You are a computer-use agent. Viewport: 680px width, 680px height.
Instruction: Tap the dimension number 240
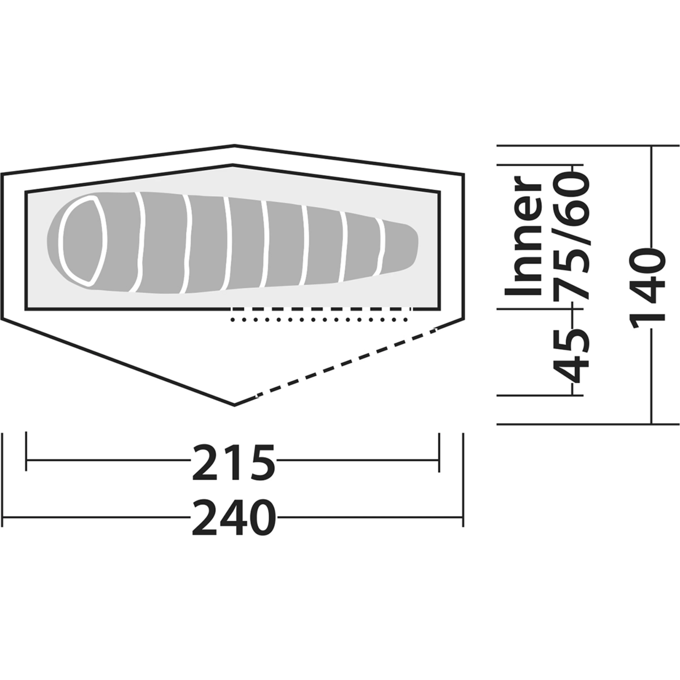point(234,518)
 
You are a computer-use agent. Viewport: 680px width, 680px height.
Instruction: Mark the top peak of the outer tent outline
point(234,145)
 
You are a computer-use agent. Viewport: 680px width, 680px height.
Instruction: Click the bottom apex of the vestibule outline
point(234,405)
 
